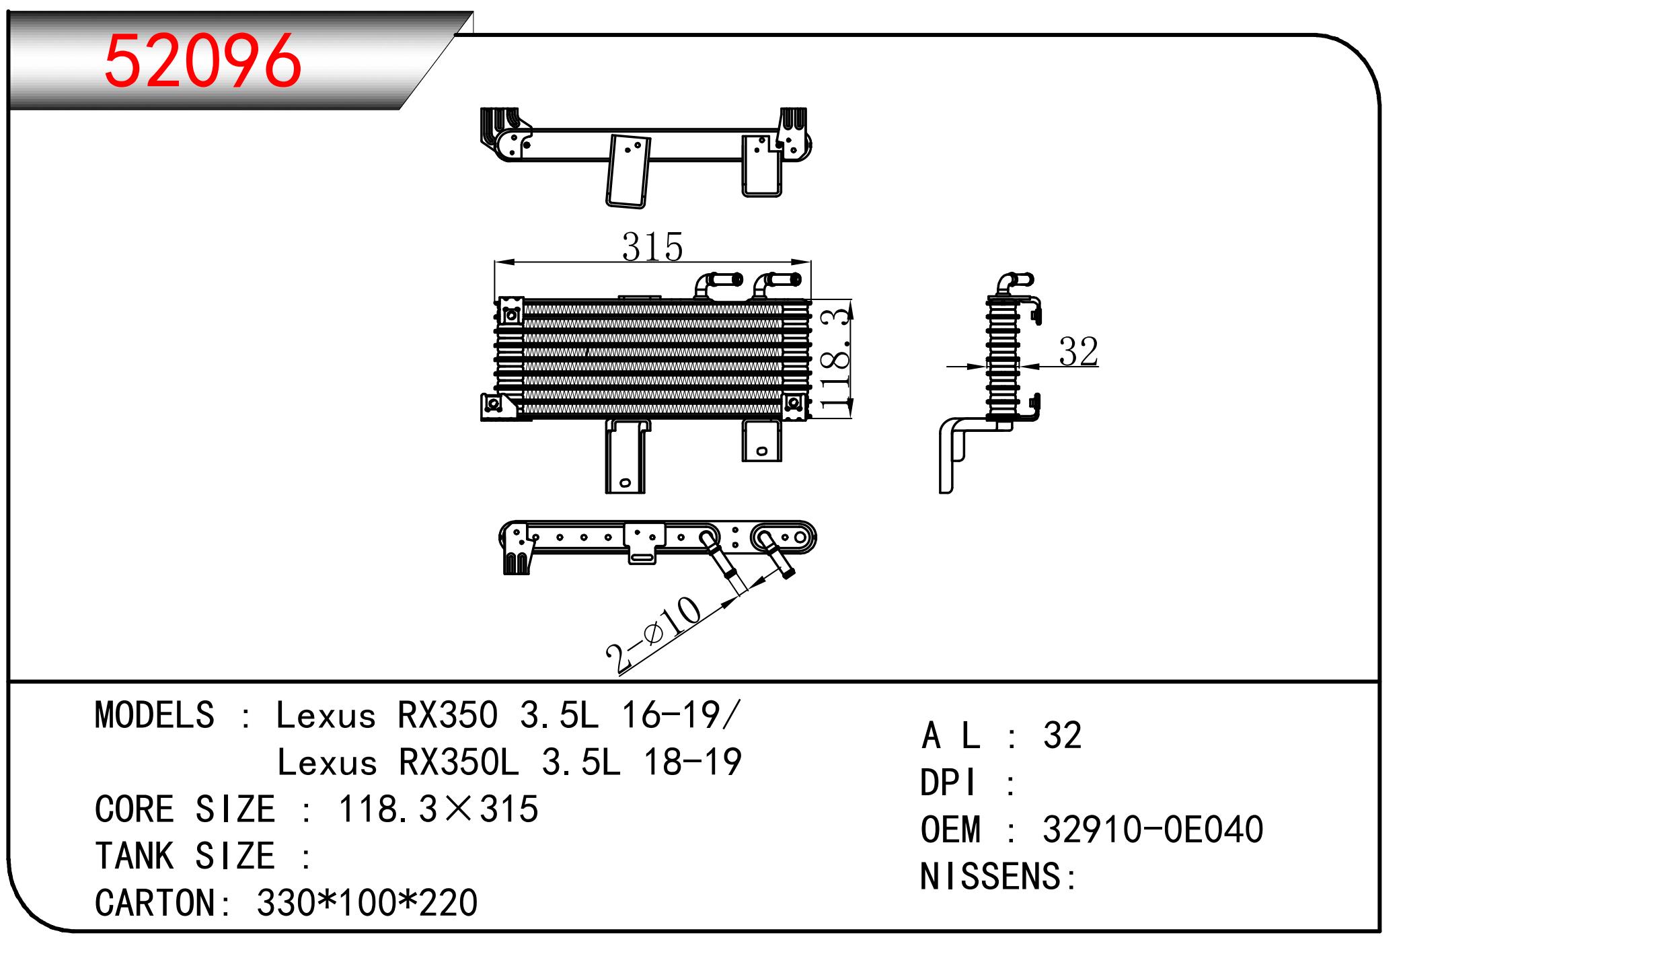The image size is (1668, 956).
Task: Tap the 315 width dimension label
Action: (652, 247)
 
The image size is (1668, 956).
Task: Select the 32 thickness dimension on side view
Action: (1078, 351)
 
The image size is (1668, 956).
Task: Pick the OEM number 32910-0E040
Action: (1152, 830)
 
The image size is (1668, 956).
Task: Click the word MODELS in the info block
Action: (155, 715)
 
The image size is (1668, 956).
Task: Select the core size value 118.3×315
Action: (438, 809)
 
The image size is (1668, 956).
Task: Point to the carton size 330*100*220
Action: (367, 903)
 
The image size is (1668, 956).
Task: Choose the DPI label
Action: (949, 782)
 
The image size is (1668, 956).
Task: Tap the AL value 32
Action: (1062, 735)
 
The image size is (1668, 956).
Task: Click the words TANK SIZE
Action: (185, 856)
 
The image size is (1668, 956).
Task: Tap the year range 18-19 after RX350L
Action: (693, 762)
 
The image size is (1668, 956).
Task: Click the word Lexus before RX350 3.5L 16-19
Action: (326, 715)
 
